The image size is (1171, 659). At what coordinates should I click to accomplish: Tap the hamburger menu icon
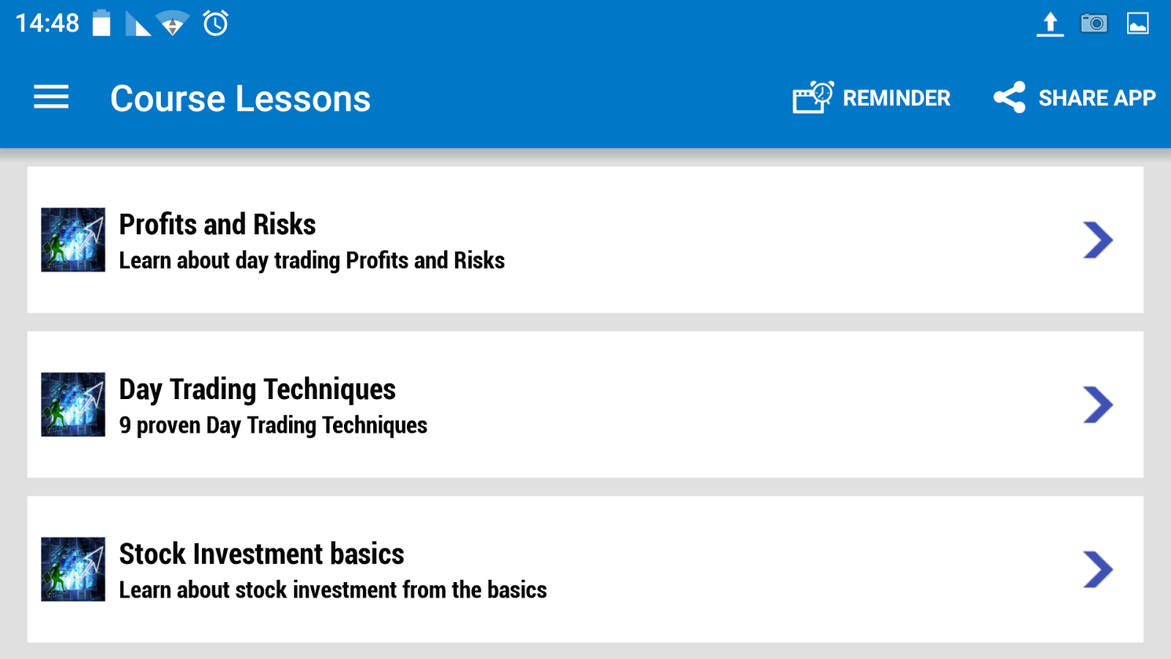51,97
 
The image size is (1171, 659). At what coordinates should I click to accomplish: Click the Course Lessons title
241,98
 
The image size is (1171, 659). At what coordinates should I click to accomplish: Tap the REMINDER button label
897,98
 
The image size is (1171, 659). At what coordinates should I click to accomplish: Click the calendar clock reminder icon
813,97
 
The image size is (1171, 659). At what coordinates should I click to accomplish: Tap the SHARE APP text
1097,98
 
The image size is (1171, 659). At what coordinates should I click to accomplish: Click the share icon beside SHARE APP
1009,97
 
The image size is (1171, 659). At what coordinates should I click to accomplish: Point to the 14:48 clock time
48,23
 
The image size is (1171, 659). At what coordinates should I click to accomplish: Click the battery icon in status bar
102,23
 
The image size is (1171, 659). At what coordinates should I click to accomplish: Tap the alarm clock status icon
215,23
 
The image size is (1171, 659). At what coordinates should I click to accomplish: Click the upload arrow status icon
1050,24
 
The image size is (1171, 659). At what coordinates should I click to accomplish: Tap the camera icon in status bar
1094,23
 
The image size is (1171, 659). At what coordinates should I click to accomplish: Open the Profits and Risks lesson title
217,225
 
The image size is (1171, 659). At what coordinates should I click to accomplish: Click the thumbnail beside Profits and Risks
73,239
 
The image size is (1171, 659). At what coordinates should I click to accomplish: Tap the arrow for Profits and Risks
1098,240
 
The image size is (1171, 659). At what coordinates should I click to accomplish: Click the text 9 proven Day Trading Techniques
273,425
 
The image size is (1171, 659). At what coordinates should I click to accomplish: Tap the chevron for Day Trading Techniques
1098,405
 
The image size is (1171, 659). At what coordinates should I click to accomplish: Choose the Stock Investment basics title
261,554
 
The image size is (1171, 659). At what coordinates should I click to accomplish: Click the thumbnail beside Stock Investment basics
73,569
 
